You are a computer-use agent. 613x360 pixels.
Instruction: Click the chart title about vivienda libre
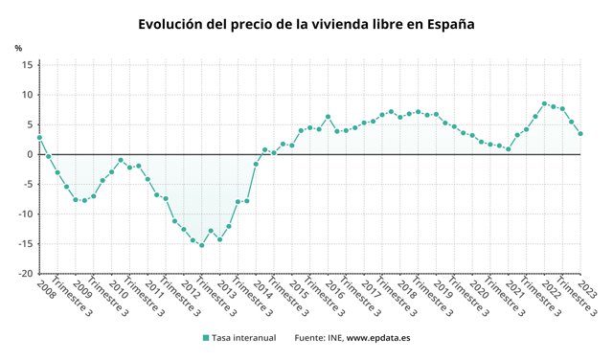306,24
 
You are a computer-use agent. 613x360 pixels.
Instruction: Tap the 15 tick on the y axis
27,65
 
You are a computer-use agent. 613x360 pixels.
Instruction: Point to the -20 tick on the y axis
26,274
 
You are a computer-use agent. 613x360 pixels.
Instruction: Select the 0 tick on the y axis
30,154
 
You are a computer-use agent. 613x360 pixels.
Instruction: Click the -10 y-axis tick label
26,214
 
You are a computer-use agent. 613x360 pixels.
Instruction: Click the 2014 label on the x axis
261,287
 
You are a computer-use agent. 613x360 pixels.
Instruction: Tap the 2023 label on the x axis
586,287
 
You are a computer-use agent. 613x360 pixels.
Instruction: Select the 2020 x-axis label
478,287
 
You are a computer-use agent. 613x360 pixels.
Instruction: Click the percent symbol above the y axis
18,48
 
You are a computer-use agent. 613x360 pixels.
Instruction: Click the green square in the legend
206,338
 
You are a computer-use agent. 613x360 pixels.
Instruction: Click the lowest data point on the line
201,245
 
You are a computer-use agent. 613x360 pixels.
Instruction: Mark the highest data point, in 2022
544,103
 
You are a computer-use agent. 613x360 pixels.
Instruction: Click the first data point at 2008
39,138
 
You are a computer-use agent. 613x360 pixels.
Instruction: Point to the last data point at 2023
580,134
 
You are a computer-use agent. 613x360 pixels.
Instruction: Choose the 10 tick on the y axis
27,95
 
